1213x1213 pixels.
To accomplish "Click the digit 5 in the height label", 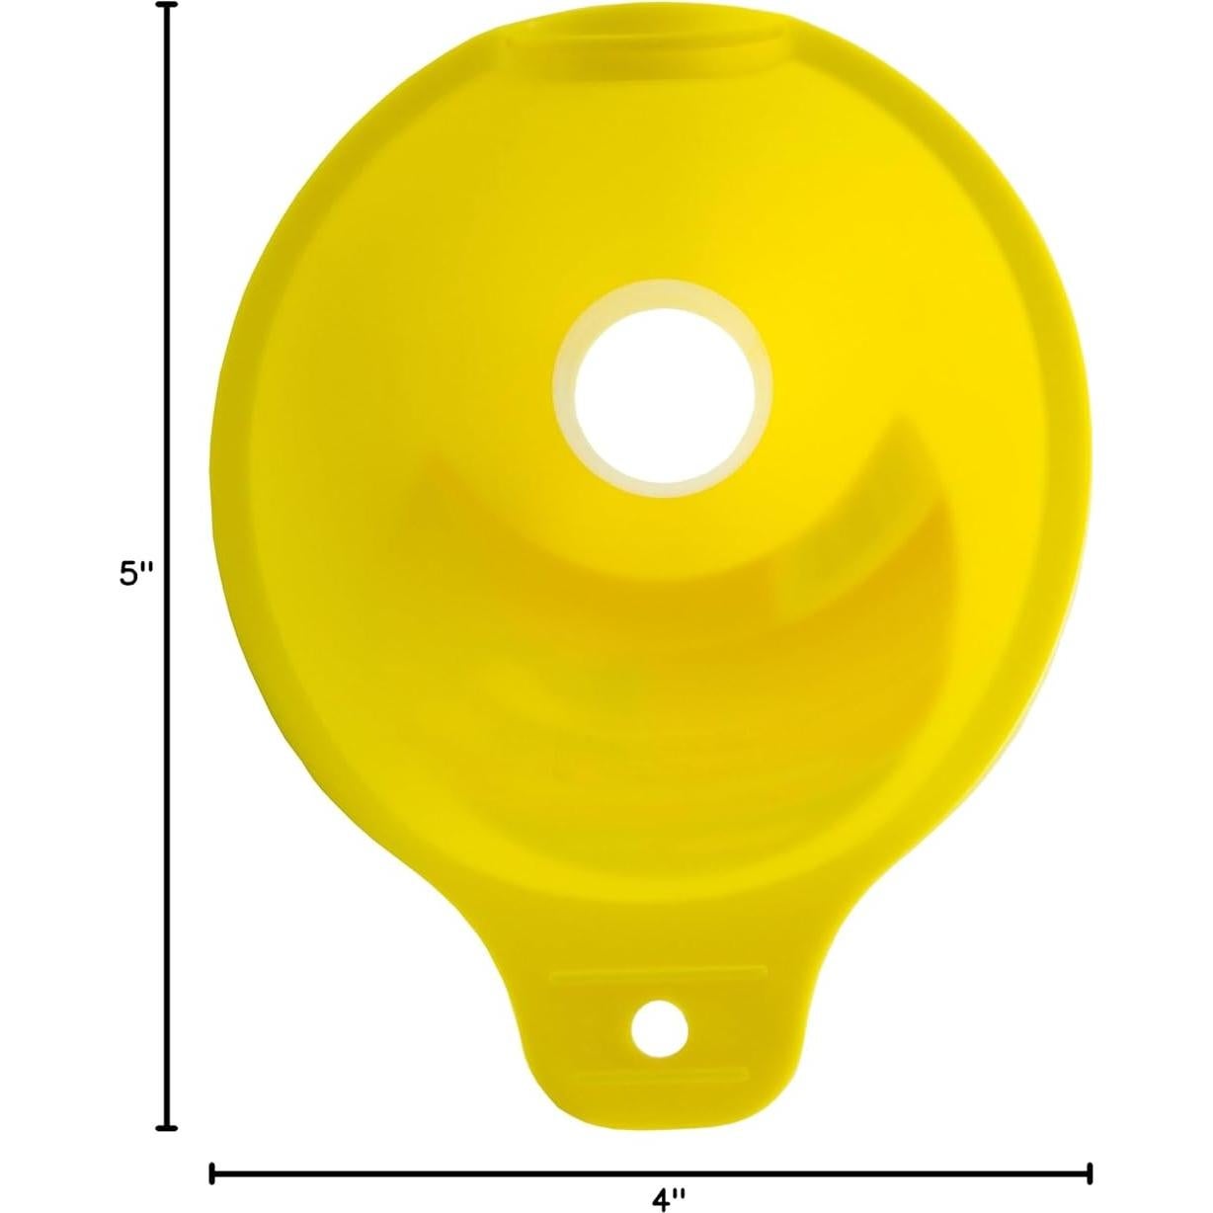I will click(x=127, y=574).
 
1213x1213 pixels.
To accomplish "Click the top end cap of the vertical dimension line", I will click(x=170, y=6).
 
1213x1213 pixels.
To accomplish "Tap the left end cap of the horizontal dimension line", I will click(x=213, y=1173).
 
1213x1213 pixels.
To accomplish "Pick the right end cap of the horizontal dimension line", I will click(x=1090, y=1173).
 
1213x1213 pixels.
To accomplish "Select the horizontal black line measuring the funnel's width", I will click(x=652, y=1173).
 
